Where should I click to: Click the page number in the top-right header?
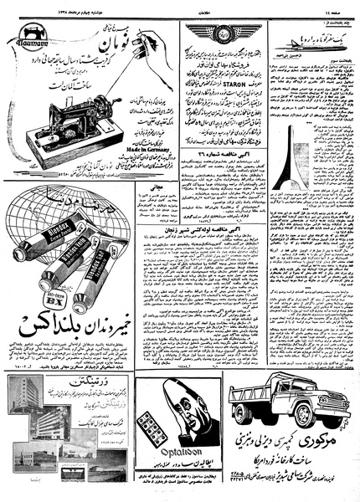338,7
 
